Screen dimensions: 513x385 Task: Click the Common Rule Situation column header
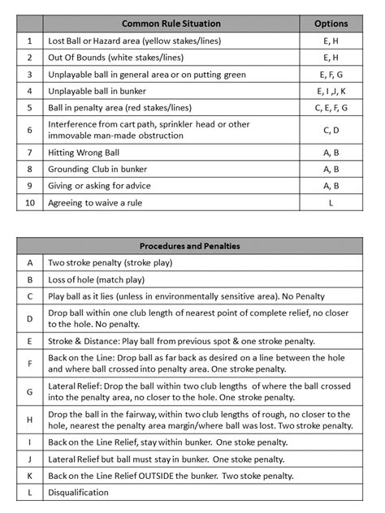click(171, 24)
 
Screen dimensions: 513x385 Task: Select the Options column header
click(331, 24)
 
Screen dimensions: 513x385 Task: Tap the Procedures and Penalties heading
click(189, 246)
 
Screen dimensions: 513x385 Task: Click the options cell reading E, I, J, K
click(331, 90)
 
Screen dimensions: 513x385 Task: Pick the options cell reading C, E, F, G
click(331, 106)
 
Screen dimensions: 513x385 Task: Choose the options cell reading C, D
click(331, 129)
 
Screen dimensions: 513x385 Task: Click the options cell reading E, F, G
click(331, 74)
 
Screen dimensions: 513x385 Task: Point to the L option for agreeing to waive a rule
click(331, 202)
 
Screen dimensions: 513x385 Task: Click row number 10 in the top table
click(30, 202)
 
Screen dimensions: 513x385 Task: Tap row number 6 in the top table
click(30, 129)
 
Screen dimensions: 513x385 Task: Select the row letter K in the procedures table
click(30, 476)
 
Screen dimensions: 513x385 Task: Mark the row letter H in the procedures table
click(30, 420)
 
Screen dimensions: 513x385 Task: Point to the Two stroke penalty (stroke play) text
click(110, 263)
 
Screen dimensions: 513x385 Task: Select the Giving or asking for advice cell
click(101, 185)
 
